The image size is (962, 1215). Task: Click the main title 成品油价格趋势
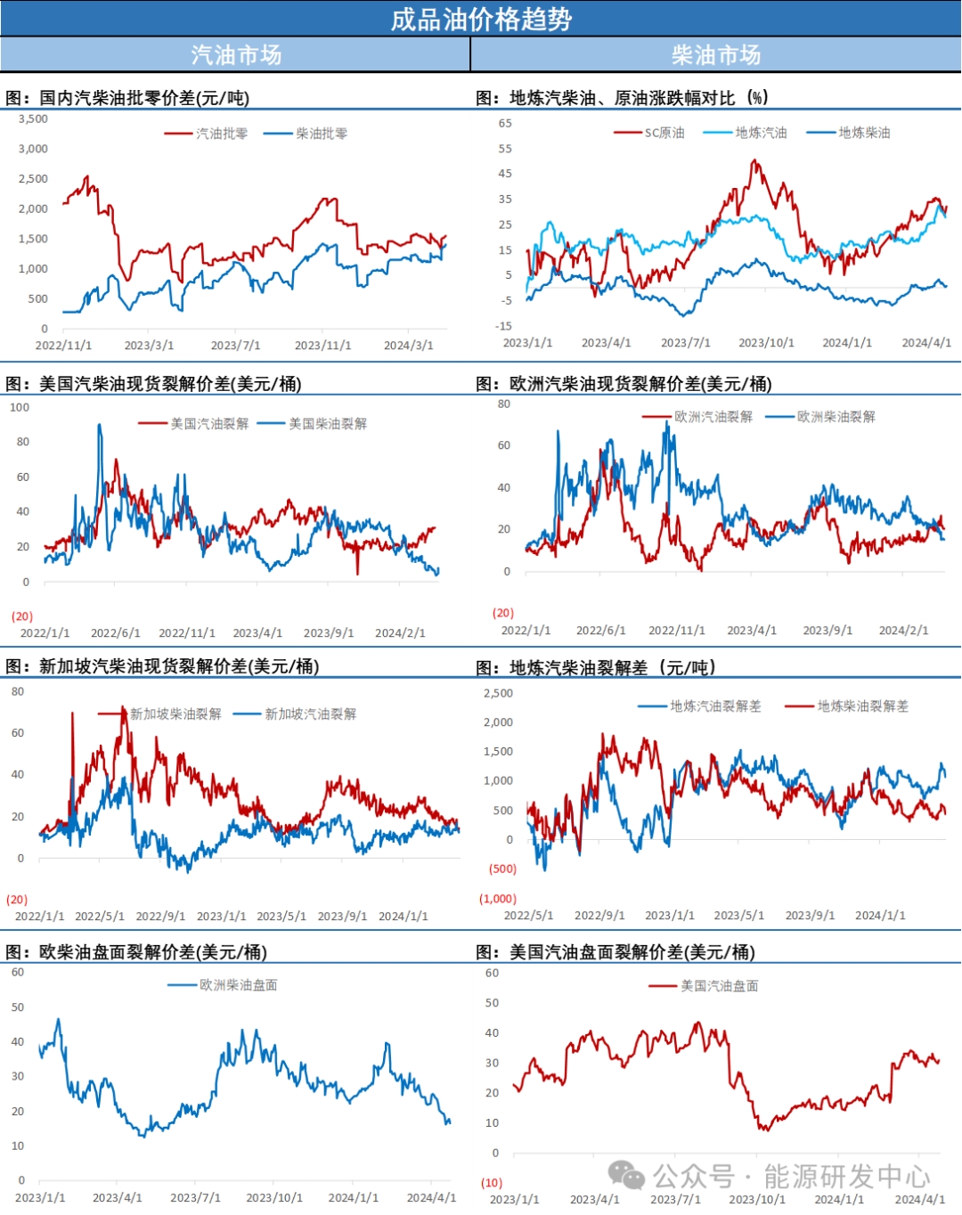pos(481,19)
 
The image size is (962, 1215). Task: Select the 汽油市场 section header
pos(236,55)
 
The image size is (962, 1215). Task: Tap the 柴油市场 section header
pos(716,55)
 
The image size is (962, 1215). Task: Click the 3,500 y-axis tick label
pos(33,118)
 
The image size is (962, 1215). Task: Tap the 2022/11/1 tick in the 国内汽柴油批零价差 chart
pos(63,346)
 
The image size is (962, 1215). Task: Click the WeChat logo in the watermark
pos(626,1176)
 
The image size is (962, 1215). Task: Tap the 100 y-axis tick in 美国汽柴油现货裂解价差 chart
pos(20,407)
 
